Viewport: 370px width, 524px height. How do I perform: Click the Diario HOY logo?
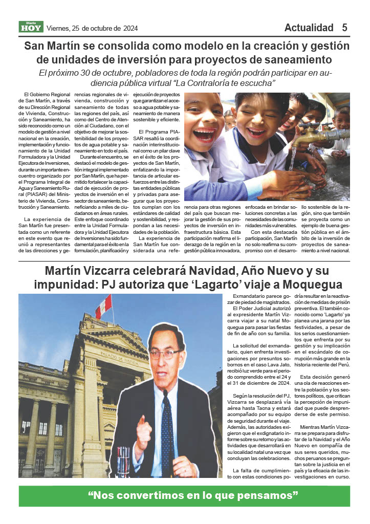[31, 27]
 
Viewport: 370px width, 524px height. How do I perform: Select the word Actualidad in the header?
[309, 28]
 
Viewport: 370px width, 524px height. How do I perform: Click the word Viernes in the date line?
[60, 28]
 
